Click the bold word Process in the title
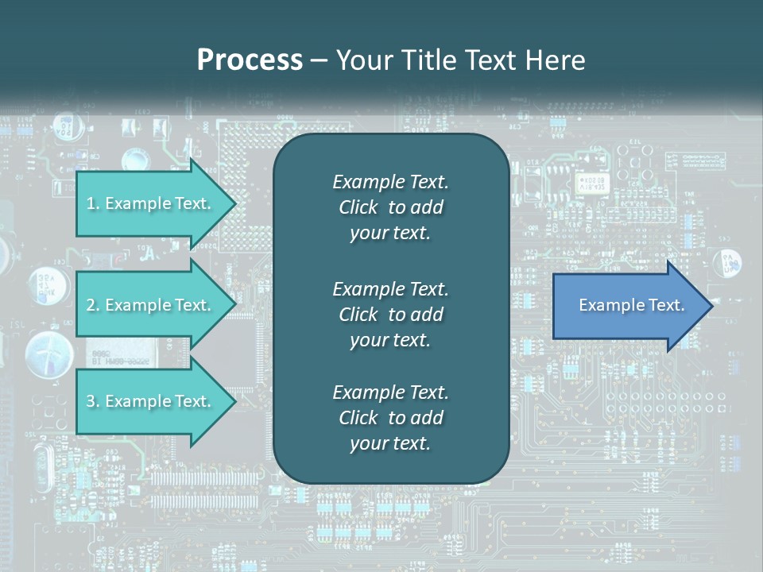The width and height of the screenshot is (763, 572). click(x=250, y=60)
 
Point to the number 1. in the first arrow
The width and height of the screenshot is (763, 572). click(x=93, y=203)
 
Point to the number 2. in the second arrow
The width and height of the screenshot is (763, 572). click(x=93, y=305)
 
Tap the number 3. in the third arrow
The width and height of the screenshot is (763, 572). click(x=93, y=401)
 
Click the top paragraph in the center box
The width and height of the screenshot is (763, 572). click(x=390, y=207)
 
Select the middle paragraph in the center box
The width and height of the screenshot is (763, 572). click(x=390, y=315)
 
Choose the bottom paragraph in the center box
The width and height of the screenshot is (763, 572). click(x=390, y=418)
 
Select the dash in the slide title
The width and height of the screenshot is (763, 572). click(x=319, y=60)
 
